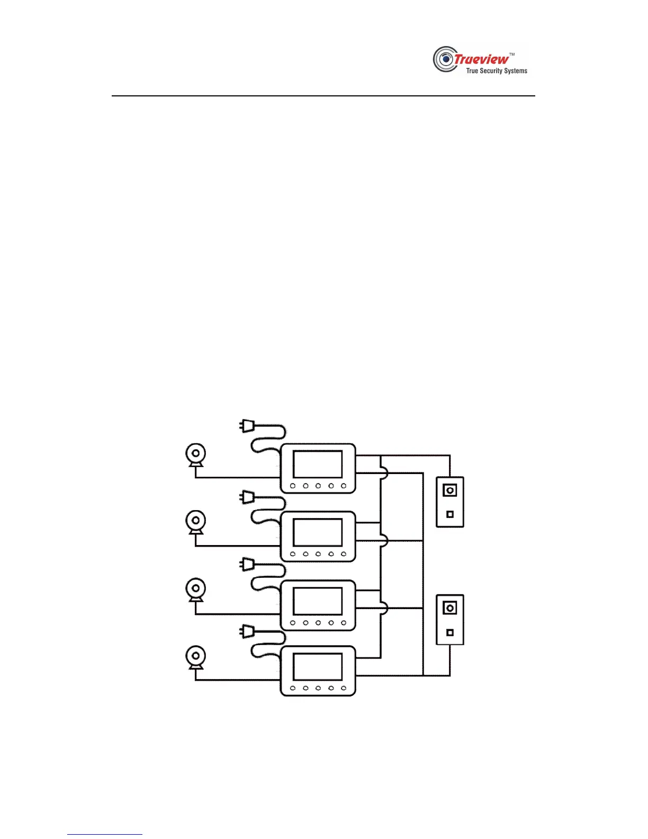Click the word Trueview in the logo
coord(481,59)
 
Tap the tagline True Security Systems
coord(497,71)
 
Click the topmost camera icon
coord(196,454)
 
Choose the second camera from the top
coord(196,521)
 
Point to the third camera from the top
coord(196,588)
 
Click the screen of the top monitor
coord(318,465)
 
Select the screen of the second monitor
coord(318,532)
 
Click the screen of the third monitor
coord(318,601)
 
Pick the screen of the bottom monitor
coord(318,667)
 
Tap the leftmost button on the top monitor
coord(293,486)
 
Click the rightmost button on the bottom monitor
coord(344,689)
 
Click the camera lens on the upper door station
coord(450,490)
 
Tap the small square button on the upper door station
coord(450,514)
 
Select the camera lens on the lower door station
coord(450,608)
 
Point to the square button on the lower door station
coord(450,632)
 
